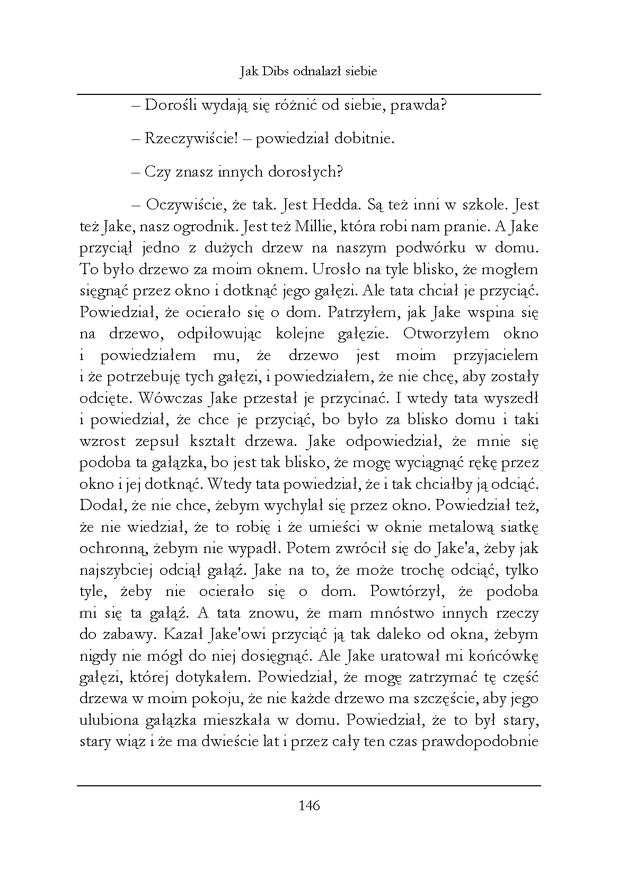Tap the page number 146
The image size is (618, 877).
click(x=310, y=805)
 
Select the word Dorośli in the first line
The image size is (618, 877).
click(x=165, y=106)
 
